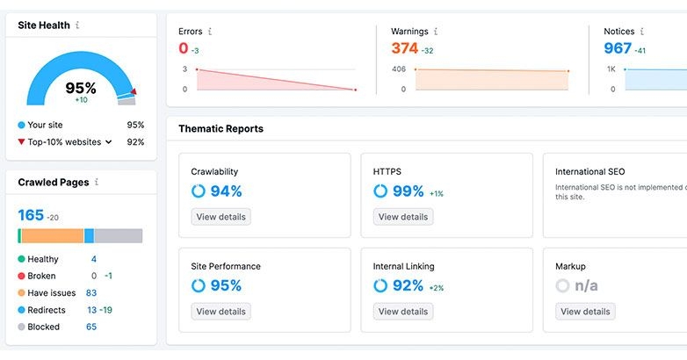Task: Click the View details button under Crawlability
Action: (x=221, y=217)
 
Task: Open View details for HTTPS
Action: (x=403, y=217)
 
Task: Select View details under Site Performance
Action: (x=221, y=312)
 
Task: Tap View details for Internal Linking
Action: (x=403, y=312)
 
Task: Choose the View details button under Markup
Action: (x=585, y=312)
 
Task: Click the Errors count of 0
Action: (x=184, y=48)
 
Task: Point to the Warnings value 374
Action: (x=404, y=48)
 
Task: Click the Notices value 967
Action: (x=618, y=48)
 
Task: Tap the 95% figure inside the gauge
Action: (x=81, y=88)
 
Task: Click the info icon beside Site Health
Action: (x=77, y=25)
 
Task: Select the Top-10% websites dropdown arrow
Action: (x=109, y=141)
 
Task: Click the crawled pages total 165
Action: (x=31, y=215)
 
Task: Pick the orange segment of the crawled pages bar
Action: (x=52, y=236)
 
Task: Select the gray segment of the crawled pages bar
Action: (x=118, y=236)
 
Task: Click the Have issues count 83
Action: (x=91, y=293)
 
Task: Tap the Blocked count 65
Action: (x=91, y=327)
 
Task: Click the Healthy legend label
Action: (x=43, y=259)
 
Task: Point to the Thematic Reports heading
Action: (x=221, y=129)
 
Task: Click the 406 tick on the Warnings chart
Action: (x=399, y=69)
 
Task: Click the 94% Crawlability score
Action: (x=225, y=191)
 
